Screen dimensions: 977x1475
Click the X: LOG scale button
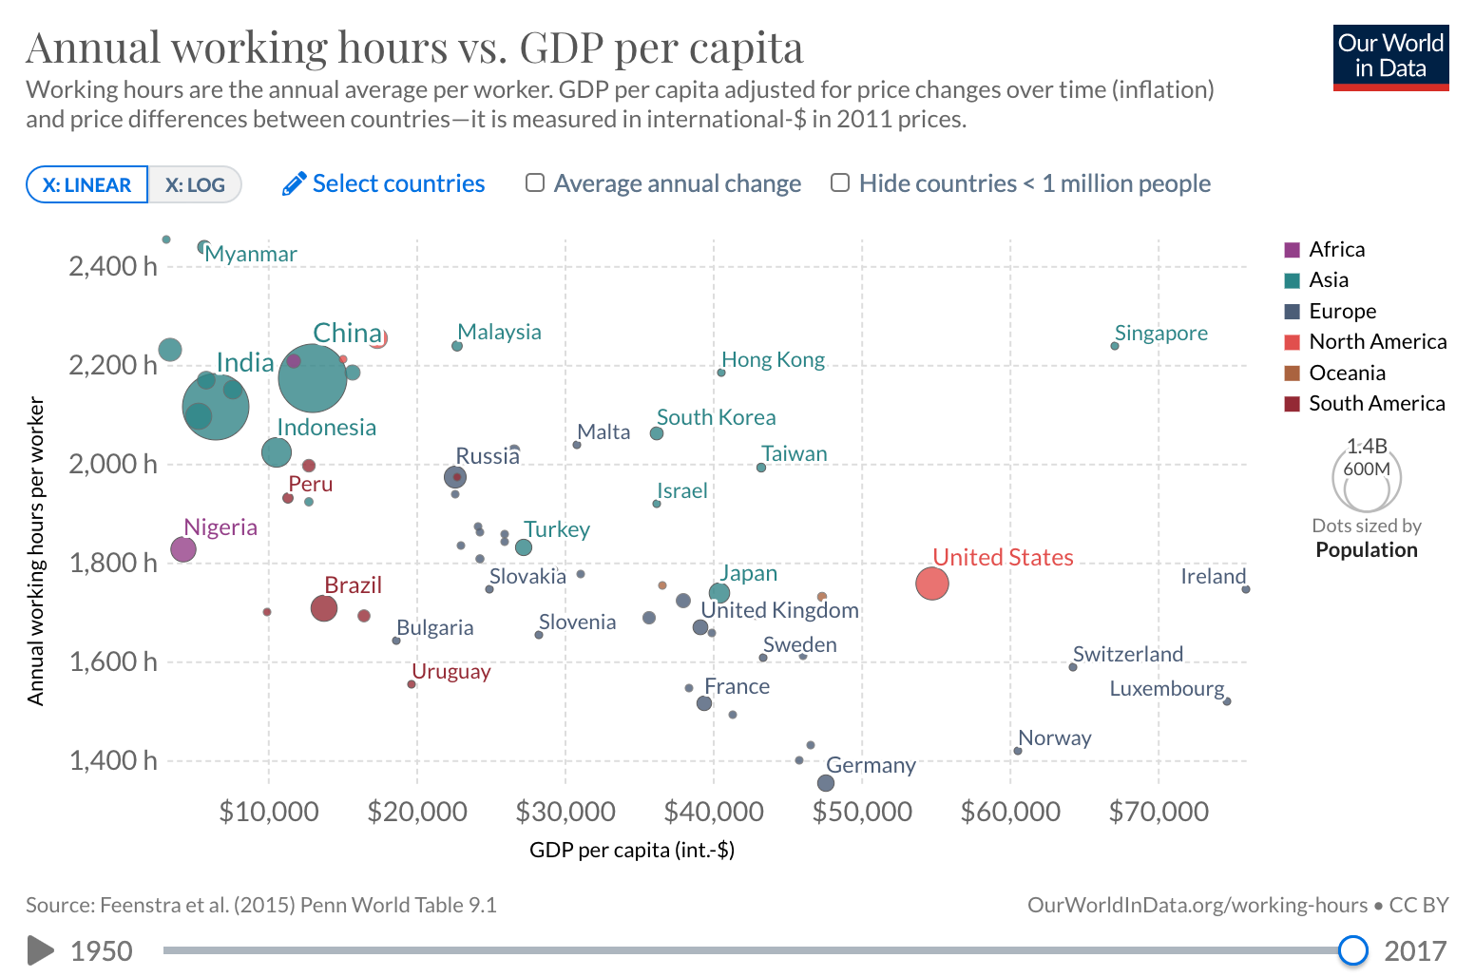[x=195, y=184]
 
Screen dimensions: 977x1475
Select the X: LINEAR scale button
[x=86, y=184]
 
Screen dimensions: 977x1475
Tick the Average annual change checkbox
[x=535, y=182]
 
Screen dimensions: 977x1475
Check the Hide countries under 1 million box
[x=840, y=182]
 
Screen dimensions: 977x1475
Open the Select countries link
[x=384, y=183]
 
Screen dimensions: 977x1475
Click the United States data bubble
[x=932, y=584]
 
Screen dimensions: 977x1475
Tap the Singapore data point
[x=1115, y=346]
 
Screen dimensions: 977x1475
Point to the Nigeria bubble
[x=183, y=548]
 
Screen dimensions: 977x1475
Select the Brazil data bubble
[x=324, y=608]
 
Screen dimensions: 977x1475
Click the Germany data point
[x=826, y=783]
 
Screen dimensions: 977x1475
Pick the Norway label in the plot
[x=1055, y=738]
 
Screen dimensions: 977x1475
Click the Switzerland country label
[x=1128, y=654]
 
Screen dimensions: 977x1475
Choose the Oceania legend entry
[x=1347, y=373]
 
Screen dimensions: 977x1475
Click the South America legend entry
[x=1376, y=403]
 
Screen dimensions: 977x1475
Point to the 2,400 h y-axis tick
[x=112, y=266]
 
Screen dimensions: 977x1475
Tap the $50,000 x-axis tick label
[x=862, y=812]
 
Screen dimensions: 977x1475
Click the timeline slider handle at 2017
[x=1352, y=950]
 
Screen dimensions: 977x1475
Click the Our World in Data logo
[x=1390, y=57]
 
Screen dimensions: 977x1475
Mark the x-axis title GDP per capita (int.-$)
[x=632, y=850]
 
